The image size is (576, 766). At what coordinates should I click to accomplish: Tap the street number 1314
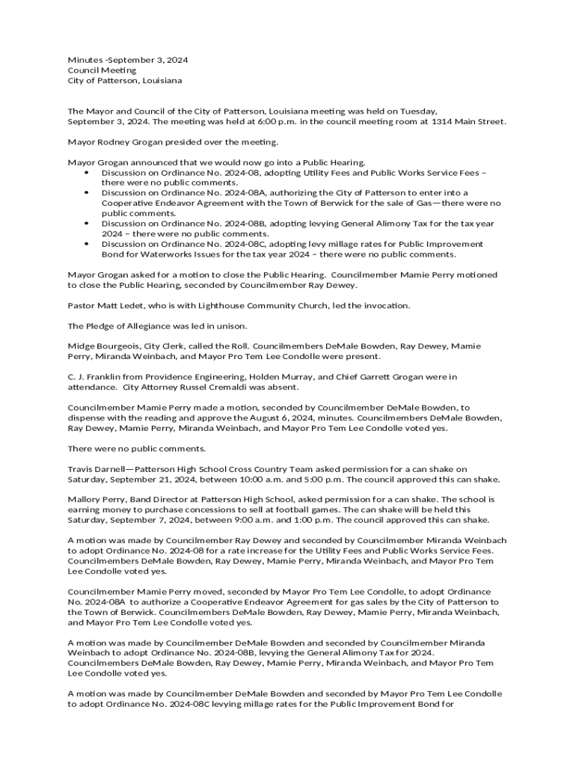point(444,121)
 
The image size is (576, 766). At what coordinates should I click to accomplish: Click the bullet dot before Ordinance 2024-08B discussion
point(88,223)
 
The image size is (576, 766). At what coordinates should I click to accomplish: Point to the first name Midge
point(81,346)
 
